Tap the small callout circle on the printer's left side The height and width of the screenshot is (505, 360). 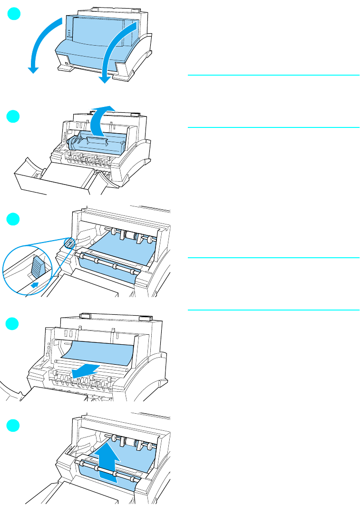point(69,243)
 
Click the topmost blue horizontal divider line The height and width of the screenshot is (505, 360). point(273,75)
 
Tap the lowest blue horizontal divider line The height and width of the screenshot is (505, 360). point(273,310)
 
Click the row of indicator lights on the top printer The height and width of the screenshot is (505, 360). point(68,34)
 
